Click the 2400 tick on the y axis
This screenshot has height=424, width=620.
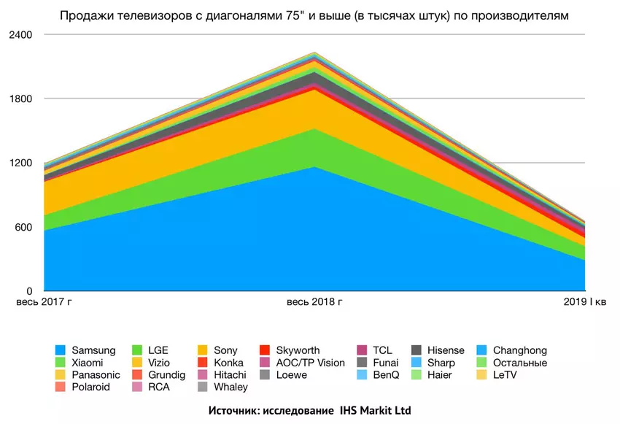pos(21,34)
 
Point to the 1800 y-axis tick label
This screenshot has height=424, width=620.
pos(21,99)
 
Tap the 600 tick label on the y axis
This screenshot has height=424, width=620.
pos(24,227)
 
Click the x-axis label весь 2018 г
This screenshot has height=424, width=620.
pos(314,301)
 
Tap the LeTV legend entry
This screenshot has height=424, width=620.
pos(508,375)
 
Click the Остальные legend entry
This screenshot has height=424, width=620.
pos(519,363)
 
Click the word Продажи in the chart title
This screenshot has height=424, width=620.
pos(83,15)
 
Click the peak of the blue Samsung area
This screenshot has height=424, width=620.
pos(314,168)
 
